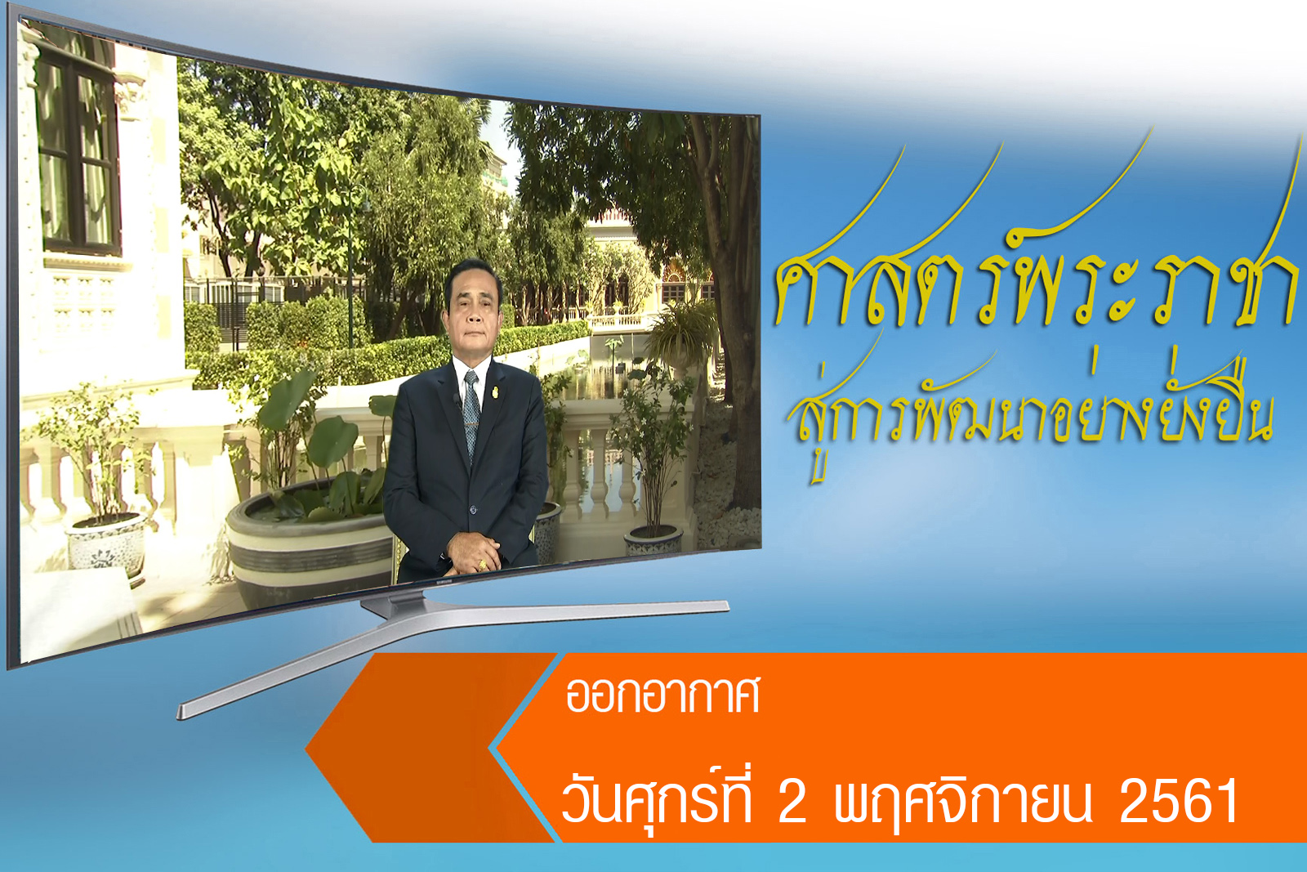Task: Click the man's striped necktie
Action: tap(471, 414)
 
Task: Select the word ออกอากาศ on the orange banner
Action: tap(663, 695)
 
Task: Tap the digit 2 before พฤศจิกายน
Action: tap(792, 802)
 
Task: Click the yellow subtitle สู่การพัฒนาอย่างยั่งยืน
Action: tap(1029, 409)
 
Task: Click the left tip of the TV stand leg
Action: tap(180, 712)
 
